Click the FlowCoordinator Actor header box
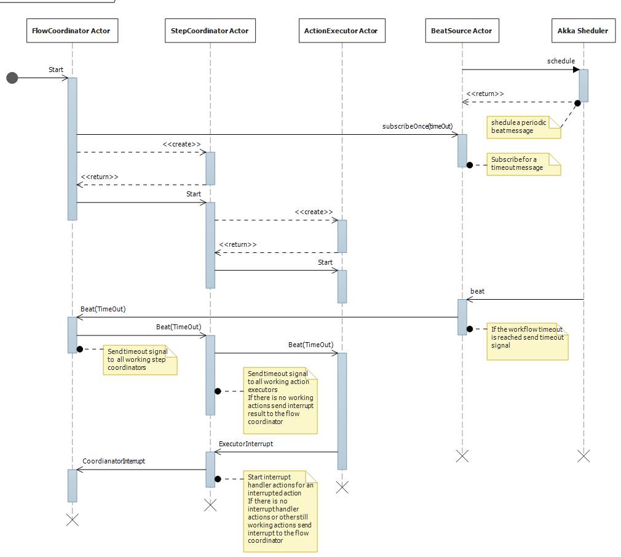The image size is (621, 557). (71, 31)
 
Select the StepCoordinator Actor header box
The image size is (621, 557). (210, 31)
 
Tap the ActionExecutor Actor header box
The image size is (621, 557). (341, 31)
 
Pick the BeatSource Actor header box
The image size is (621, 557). (462, 31)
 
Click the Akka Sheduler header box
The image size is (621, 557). (583, 31)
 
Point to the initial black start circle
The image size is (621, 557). (12, 78)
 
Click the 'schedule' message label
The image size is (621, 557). (560, 61)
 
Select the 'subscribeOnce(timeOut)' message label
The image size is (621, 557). (417, 126)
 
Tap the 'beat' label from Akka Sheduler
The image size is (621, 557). (477, 291)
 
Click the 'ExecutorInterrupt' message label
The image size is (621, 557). (245, 443)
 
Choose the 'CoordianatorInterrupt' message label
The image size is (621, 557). (114, 460)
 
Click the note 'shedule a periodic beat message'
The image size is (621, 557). (523, 127)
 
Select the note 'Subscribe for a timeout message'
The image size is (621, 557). (523, 164)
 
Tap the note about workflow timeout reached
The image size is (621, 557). (527, 341)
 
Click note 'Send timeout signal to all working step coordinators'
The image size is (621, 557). (140, 359)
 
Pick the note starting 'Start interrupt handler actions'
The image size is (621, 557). (280, 511)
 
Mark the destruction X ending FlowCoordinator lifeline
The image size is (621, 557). (72, 519)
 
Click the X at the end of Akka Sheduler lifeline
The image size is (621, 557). (583, 455)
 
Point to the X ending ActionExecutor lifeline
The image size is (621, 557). (342, 487)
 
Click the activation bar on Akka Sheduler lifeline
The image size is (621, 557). (583, 85)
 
